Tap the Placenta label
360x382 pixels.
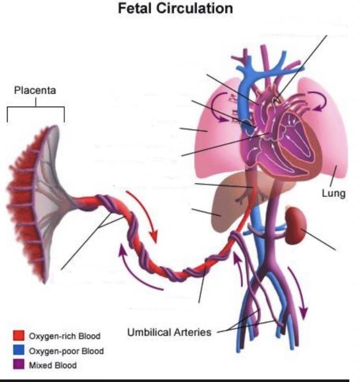tap(35, 90)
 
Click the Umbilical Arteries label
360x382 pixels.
tap(169, 332)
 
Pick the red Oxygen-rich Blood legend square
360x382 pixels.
tap(18, 335)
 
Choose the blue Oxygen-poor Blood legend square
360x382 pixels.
tap(18, 350)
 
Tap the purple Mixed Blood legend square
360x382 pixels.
tap(18, 365)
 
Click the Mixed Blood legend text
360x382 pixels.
tap(53, 366)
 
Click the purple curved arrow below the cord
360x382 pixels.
tap(137, 271)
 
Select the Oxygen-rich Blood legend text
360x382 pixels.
tap(65, 336)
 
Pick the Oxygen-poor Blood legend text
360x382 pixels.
tap(66, 351)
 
